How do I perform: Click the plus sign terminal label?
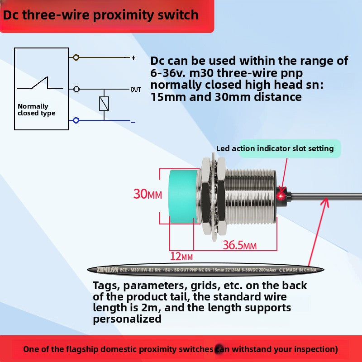tap(133, 58)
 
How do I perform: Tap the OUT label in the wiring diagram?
tap(136, 90)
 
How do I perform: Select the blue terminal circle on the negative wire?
tap(76, 120)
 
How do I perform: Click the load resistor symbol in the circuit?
tap(104, 104)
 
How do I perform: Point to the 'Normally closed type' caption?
tap(37, 110)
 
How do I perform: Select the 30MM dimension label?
tap(148, 195)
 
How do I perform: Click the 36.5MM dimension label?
tap(240, 246)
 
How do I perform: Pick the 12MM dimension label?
tap(181, 257)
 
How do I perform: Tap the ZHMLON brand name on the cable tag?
tap(107, 270)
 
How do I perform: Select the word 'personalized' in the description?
tap(127, 319)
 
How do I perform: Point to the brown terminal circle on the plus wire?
tap(76, 57)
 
